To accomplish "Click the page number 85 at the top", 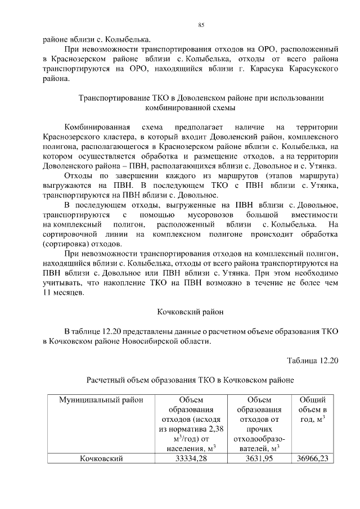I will [x=201, y=24].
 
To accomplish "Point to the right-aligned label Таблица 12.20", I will [x=312, y=361].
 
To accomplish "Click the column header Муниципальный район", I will [x=98, y=400].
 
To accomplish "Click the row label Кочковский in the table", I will [x=101, y=459].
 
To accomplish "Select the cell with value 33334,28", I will [x=192, y=459].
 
